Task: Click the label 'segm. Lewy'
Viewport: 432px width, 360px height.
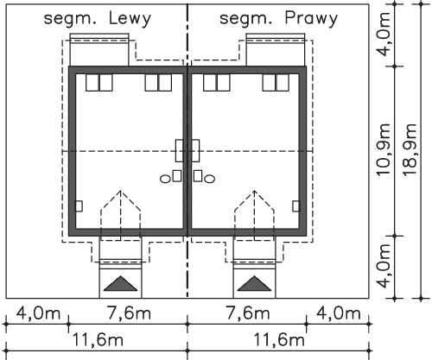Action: point(98,19)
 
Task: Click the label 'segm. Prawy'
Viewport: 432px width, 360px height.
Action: point(278,19)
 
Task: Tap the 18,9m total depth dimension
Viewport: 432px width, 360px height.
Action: point(410,149)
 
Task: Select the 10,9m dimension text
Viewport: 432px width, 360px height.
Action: point(383,149)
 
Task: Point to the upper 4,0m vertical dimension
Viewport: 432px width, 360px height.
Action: point(384,35)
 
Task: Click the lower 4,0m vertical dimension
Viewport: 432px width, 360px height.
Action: point(384,266)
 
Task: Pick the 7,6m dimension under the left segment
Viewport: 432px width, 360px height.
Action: point(129,313)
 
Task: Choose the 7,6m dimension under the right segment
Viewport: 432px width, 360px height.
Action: point(248,313)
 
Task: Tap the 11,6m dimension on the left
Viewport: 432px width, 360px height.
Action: point(98,339)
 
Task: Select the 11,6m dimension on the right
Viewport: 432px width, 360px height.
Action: point(279,339)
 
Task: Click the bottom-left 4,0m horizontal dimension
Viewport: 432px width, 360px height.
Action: point(38,313)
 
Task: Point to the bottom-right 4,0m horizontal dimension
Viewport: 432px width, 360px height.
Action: point(339,313)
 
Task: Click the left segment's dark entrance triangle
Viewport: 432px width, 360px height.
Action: point(121,285)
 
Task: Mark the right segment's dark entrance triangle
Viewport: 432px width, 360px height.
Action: point(254,285)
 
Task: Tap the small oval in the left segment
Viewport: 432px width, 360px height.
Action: point(165,179)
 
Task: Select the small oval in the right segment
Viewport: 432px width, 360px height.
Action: point(209,179)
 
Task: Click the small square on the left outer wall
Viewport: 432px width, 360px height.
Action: point(79,206)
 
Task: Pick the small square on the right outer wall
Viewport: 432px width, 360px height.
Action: point(296,206)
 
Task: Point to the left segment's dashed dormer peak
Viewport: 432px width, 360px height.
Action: point(121,191)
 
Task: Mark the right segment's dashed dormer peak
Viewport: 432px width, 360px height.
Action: point(254,191)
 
